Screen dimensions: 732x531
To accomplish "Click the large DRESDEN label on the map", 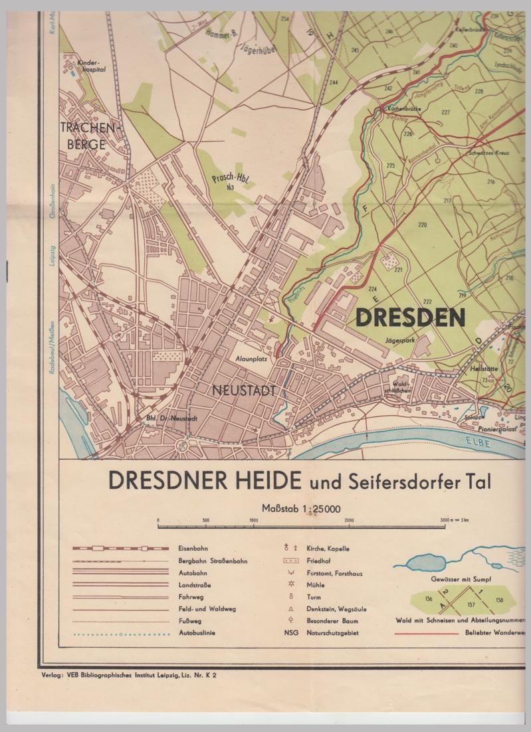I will tap(410, 318).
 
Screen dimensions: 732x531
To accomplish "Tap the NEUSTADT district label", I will tap(244, 391).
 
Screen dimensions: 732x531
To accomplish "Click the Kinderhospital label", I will tap(92, 66).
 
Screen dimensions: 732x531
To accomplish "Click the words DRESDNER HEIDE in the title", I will tap(205, 480).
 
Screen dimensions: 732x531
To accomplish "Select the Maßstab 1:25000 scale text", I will tap(301, 509).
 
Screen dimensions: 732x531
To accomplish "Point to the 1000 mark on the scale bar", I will tap(254, 520).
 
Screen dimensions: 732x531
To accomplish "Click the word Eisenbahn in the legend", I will tap(193, 549).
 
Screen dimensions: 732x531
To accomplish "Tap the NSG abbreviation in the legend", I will tap(290, 633).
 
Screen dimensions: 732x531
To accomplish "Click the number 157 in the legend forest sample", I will tap(471, 605).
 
